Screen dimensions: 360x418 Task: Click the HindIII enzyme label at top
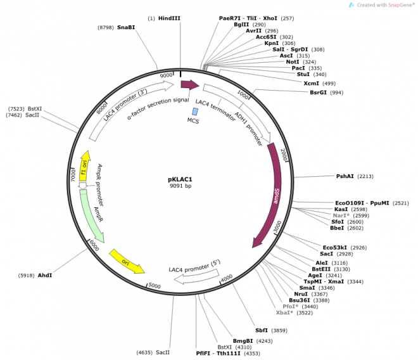pos(170,18)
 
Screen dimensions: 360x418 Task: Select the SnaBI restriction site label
pos(126,27)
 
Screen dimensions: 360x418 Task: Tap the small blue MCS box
pos(194,111)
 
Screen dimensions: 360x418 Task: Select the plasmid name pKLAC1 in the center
pos(180,179)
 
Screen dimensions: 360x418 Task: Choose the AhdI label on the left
pos(45,276)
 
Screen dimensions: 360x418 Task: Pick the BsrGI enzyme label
pos(318,93)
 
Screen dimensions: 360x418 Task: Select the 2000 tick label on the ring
pos(284,155)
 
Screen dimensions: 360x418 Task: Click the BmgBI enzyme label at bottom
pos(243,340)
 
